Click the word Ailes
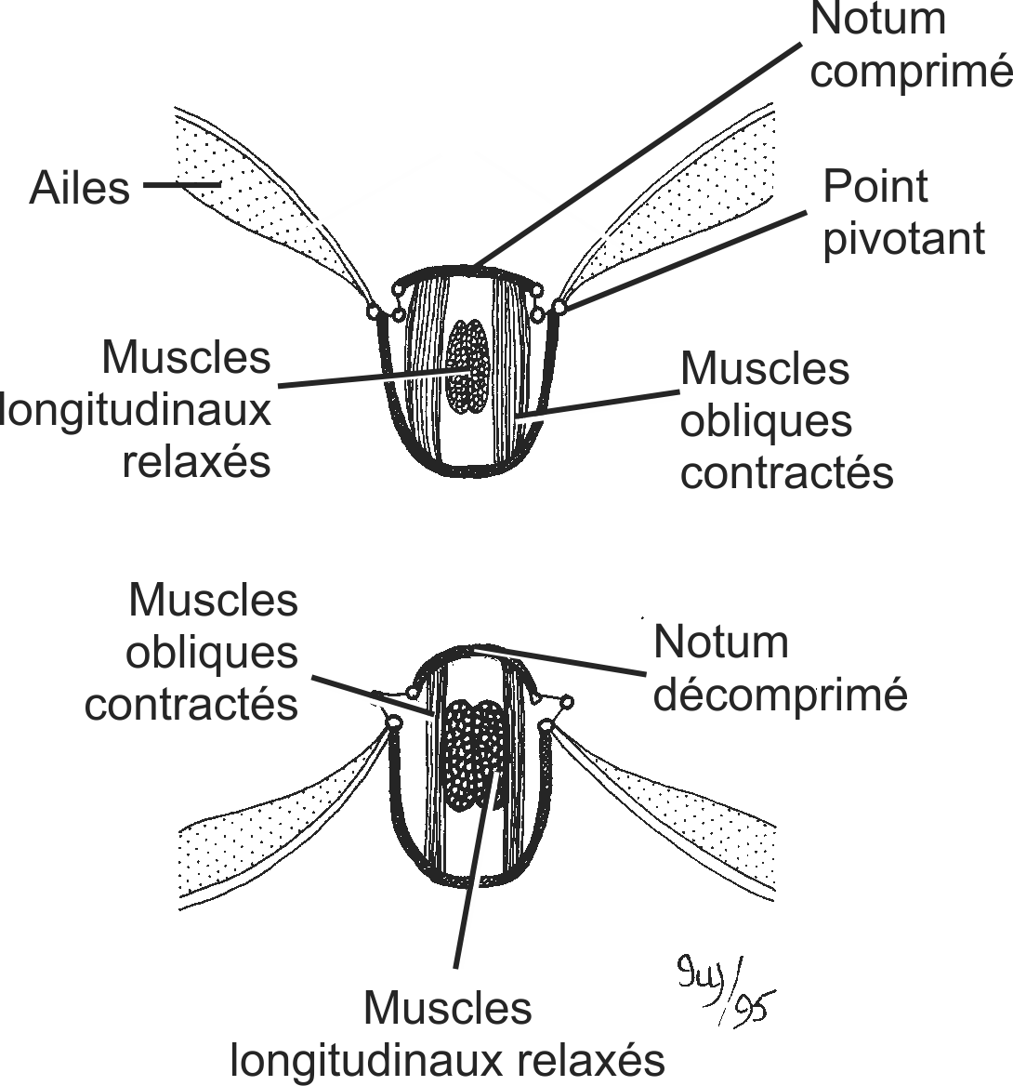click(x=80, y=189)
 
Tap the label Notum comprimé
click(x=909, y=46)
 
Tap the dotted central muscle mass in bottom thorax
click(x=472, y=753)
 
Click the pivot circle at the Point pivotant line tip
click(x=559, y=306)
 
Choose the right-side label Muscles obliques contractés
click(x=785, y=421)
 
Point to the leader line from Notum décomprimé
click(x=558, y=661)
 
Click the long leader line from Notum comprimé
click(x=641, y=149)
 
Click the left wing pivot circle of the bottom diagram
click(x=392, y=722)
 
